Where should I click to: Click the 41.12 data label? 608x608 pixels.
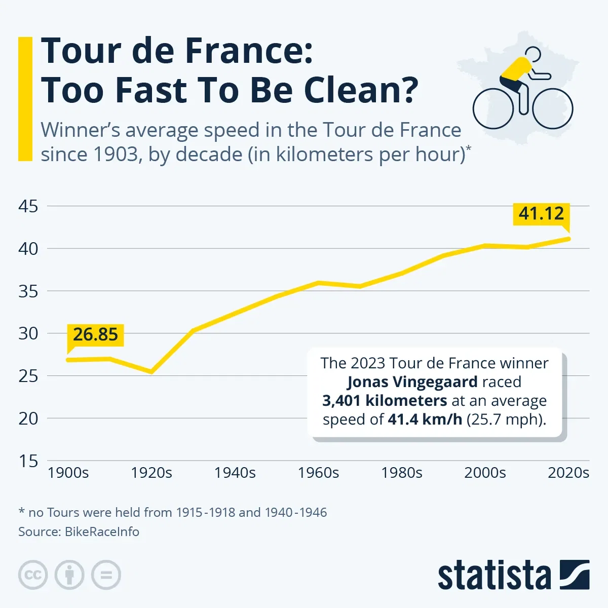click(541, 213)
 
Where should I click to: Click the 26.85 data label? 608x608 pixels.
click(95, 334)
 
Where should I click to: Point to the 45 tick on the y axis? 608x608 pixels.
click(28, 206)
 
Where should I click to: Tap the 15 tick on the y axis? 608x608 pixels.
click(28, 461)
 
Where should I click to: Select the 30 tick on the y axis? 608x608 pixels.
click(28, 333)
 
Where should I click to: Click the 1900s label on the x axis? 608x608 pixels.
click(68, 473)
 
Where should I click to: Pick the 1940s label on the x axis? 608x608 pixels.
click(235, 473)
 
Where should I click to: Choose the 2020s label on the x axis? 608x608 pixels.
click(568, 473)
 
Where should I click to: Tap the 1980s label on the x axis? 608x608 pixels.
click(401, 473)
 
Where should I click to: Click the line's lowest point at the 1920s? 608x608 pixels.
click(151, 372)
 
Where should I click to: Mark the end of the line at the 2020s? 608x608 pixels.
click(568, 239)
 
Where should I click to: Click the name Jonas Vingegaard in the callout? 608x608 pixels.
click(412, 382)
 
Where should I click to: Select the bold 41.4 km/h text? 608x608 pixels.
click(425, 420)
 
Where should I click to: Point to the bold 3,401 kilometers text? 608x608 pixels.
click(385, 401)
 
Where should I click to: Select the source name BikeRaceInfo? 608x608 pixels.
click(102, 531)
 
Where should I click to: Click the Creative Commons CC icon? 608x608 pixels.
click(33, 575)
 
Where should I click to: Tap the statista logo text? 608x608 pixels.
click(494, 576)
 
